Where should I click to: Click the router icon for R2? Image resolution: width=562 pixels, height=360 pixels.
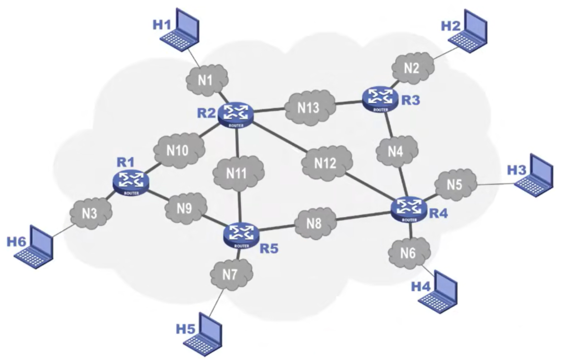(x=235, y=115)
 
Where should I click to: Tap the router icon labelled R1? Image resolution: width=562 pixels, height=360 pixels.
(x=131, y=182)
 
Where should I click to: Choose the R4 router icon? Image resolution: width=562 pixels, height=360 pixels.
(x=409, y=209)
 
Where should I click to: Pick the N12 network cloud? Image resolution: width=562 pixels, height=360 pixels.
(x=327, y=162)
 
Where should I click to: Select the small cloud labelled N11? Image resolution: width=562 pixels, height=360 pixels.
(x=238, y=173)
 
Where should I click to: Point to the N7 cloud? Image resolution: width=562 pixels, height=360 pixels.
(x=231, y=273)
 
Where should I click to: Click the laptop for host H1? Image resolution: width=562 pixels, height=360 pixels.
(x=182, y=32)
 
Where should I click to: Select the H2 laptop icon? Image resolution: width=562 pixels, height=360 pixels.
(x=470, y=31)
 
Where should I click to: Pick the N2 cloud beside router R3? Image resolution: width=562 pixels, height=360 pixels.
(x=411, y=69)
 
